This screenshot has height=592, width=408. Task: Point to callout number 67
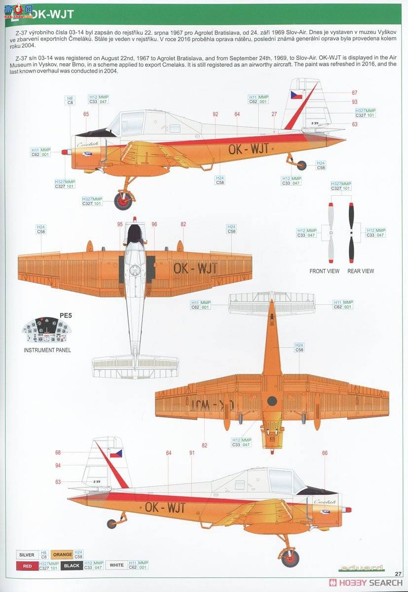[x=354, y=93]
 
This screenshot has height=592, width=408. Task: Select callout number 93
[x=354, y=102]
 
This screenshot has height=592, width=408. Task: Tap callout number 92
[x=215, y=114]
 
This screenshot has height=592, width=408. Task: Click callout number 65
[x=86, y=114]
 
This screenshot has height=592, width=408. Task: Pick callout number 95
[x=120, y=224]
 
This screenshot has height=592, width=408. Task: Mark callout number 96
[x=154, y=224]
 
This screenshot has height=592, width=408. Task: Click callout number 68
[x=58, y=452]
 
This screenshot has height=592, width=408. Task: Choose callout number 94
[x=58, y=466]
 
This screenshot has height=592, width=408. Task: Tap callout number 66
[x=325, y=453]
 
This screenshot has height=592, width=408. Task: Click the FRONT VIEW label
[x=324, y=271]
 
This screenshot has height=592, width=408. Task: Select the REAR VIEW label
[x=361, y=271]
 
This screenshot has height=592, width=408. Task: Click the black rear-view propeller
[x=351, y=232]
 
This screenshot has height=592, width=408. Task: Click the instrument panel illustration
[x=47, y=331]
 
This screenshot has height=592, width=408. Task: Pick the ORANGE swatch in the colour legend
[x=62, y=555]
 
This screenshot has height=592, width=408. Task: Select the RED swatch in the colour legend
[x=27, y=566]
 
